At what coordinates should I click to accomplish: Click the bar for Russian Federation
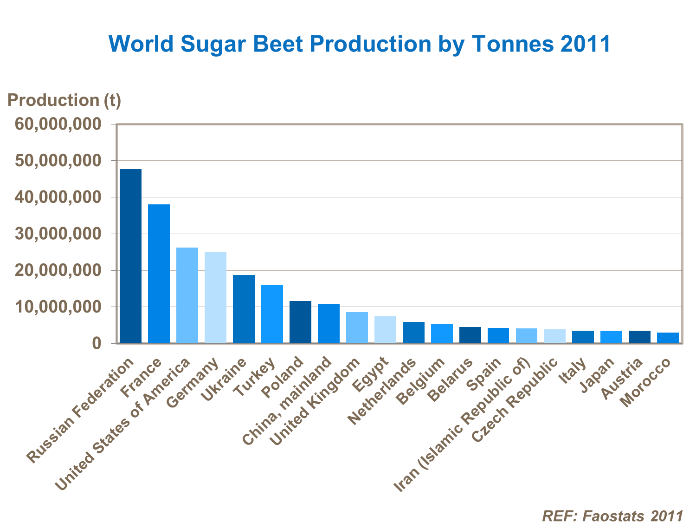coord(130,256)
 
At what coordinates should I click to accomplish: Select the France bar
coord(159,274)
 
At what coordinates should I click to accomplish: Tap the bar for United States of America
coord(187,295)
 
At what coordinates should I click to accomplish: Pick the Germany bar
coord(215,298)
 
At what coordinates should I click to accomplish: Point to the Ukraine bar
coord(244,309)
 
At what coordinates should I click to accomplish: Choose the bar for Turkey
coord(272,314)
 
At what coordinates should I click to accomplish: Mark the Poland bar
coord(300,322)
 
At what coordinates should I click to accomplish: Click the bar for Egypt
coord(385,330)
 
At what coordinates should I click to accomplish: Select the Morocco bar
coord(668,338)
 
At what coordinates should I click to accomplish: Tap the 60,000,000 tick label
coord(58,124)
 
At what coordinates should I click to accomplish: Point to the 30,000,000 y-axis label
coord(58,234)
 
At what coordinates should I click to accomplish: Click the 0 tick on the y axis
coord(96,344)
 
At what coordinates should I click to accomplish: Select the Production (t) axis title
coord(64,100)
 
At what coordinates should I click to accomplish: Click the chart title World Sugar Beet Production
coord(359,44)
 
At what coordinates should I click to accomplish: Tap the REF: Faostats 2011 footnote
coord(612,515)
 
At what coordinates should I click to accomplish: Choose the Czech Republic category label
coord(515,400)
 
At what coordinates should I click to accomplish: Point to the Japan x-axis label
coord(598,375)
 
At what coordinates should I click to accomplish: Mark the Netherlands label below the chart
coord(382,392)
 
